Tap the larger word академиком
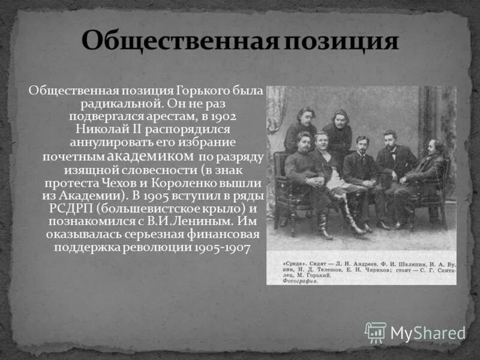(151, 156)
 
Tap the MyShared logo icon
(376, 332)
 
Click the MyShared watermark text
(427, 333)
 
